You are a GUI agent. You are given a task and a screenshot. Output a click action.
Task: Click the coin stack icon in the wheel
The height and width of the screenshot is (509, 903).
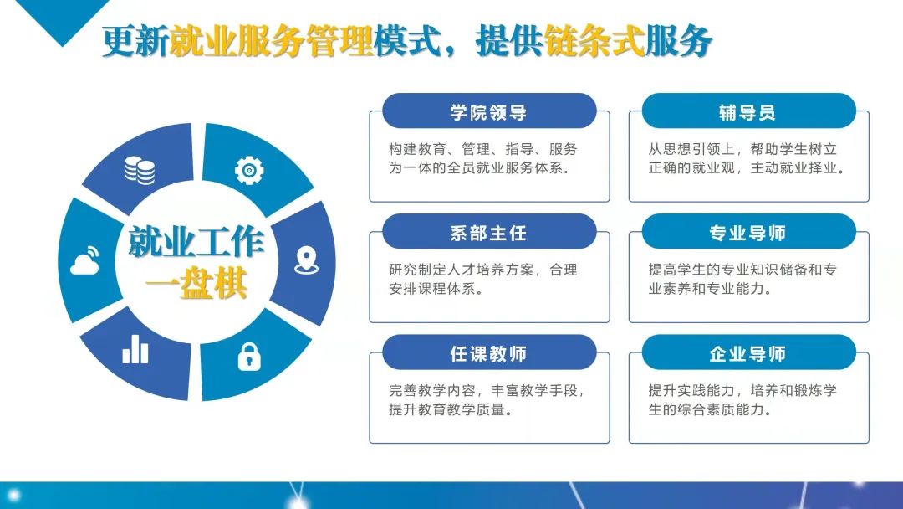click(x=140, y=170)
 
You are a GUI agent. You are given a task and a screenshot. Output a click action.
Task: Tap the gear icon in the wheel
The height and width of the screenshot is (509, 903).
click(x=249, y=170)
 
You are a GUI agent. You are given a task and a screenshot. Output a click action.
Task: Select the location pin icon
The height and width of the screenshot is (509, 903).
click(x=306, y=260)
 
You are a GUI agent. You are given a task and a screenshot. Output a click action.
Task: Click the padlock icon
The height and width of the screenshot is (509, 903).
click(x=249, y=357)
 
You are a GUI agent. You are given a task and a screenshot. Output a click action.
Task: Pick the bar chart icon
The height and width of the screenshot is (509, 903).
click(x=135, y=349)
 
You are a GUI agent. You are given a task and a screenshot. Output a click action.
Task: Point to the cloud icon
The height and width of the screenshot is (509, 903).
click(x=84, y=260)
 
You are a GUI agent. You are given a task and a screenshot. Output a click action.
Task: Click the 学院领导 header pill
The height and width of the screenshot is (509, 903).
click(x=489, y=111)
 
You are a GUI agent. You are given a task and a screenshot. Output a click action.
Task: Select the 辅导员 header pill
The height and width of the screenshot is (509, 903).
click(x=748, y=111)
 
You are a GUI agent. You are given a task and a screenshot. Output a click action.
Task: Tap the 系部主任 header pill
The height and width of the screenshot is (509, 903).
click(x=489, y=232)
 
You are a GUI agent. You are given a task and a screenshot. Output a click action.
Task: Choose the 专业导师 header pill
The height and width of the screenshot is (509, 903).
click(x=748, y=232)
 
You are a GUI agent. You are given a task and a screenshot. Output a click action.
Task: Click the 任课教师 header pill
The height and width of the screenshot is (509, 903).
click(x=489, y=352)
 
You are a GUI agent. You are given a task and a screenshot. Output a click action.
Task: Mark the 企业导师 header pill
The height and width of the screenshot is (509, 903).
click(x=748, y=352)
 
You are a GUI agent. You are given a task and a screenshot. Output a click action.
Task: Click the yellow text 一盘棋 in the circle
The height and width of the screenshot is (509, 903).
click(x=196, y=284)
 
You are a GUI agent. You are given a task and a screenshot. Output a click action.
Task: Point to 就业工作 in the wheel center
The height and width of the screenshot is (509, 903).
click(x=196, y=242)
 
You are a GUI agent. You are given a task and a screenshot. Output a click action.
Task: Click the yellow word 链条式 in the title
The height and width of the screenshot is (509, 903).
click(x=594, y=41)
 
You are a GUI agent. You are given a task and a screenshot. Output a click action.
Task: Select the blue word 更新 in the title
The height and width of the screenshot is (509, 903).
click(x=136, y=41)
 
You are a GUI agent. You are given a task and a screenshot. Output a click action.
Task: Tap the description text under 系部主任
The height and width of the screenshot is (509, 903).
click(x=483, y=279)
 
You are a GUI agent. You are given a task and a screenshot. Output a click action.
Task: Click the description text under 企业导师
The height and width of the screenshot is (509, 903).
click(x=742, y=400)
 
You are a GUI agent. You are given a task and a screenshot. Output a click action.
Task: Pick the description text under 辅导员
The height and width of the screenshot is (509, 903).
click(x=747, y=158)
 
